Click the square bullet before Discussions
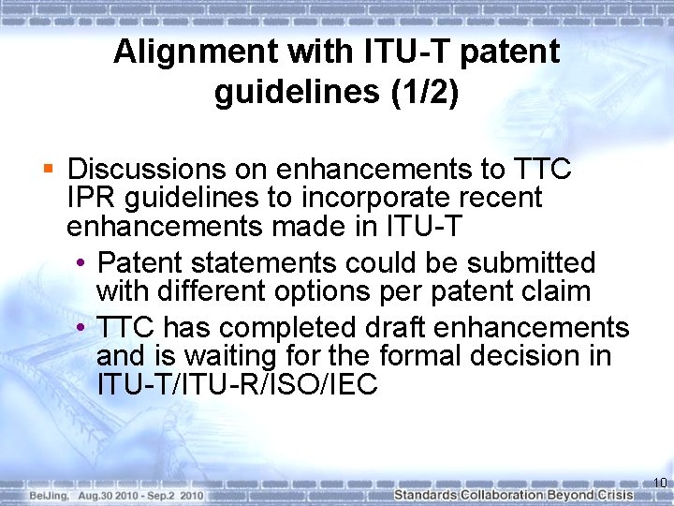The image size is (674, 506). point(49,170)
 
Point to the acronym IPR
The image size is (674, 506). point(88,199)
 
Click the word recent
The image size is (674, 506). point(500,199)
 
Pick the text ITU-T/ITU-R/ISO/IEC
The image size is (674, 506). point(236,385)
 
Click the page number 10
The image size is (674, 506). point(659,484)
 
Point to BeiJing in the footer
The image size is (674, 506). point(46,495)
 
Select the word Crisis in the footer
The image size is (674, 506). point(640,495)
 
